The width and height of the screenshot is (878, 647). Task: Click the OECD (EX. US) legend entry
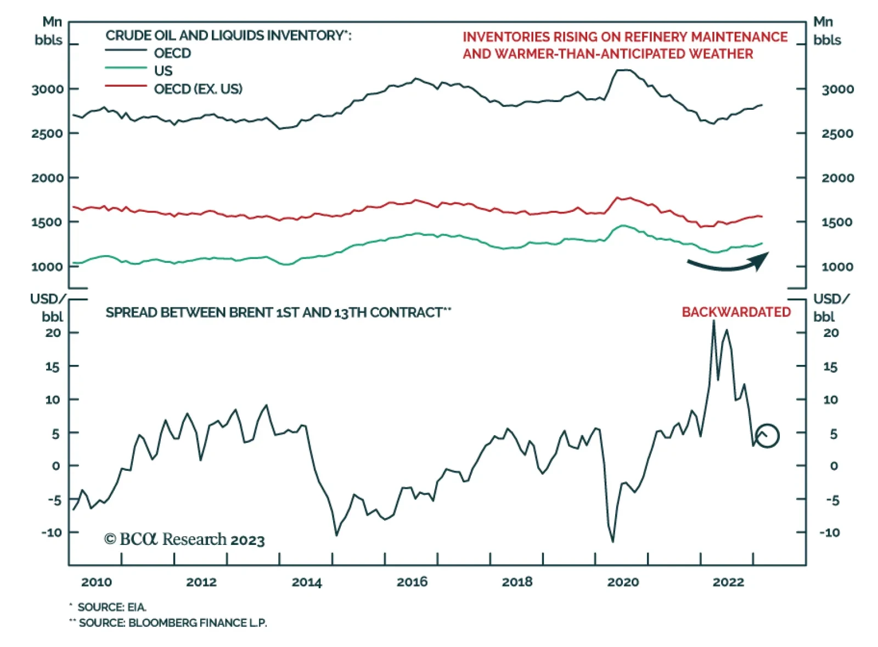click(198, 89)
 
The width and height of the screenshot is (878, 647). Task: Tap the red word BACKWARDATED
click(736, 312)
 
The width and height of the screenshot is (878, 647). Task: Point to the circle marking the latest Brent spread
click(767, 436)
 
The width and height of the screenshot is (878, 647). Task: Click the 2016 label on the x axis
click(412, 582)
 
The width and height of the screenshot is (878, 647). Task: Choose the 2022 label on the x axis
click(728, 582)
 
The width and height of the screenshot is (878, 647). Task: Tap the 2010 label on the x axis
click(96, 582)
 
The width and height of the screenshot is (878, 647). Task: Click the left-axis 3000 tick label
click(47, 89)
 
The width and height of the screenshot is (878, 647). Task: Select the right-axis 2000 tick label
click(837, 178)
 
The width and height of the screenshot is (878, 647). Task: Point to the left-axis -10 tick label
click(52, 532)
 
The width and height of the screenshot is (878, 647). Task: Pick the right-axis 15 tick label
click(830, 367)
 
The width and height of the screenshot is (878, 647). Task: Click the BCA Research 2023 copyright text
click(184, 539)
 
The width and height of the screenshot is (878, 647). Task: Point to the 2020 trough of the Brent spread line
click(612, 542)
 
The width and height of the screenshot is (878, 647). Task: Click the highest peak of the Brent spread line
click(713, 321)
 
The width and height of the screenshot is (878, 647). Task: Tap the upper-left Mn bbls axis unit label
click(49, 31)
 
